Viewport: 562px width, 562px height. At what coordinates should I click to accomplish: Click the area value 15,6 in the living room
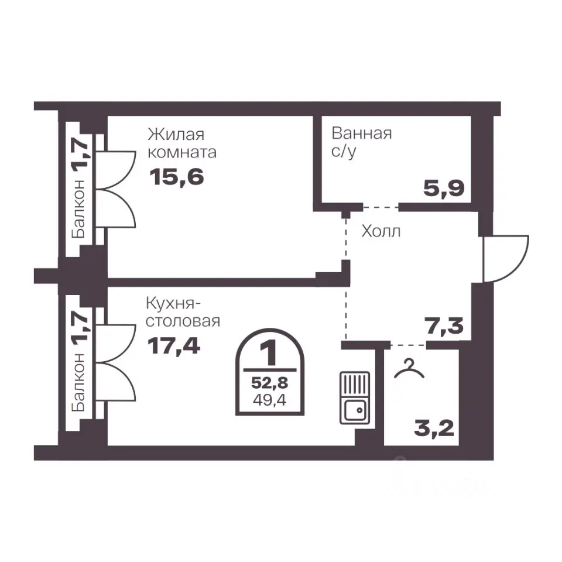tap(177, 177)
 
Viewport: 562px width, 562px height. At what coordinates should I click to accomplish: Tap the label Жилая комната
tap(181, 143)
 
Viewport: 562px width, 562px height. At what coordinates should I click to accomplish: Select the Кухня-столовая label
tap(183, 313)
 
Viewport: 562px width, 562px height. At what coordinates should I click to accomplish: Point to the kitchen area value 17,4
tap(174, 346)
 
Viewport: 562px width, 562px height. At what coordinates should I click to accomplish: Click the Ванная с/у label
tap(361, 142)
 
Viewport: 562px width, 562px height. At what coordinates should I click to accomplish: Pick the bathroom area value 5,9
tap(444, 188)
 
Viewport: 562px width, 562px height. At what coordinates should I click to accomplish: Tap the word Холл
tap(381, 231)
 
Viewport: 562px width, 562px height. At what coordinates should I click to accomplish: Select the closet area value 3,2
tap(434, 428)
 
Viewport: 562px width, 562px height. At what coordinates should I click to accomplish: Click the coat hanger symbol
tap(409, 369)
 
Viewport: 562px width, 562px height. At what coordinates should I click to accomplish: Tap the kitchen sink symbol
tap(355, 398)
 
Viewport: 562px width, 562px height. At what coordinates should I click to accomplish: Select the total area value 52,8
tap(269, 383)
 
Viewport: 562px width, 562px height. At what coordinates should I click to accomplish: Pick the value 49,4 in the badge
tap(269, 400)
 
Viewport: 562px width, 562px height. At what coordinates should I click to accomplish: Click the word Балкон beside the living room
tap(78, 208)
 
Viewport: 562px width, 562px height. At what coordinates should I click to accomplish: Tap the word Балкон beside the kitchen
tap(78, 382)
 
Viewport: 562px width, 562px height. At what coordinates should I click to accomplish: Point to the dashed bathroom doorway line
tap(381, 207)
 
